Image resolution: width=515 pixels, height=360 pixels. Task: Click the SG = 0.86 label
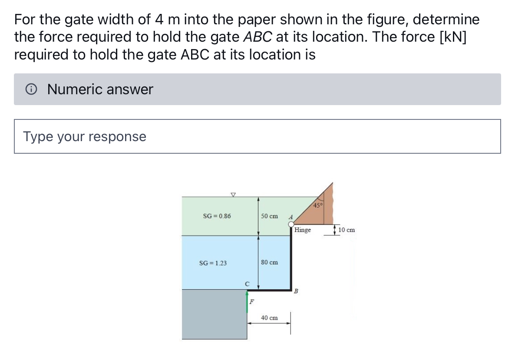click(x=217, y=216)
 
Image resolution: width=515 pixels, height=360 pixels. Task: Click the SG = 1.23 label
click(x=213, y=263)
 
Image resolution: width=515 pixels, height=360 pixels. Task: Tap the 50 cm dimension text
click(x=269, y=216)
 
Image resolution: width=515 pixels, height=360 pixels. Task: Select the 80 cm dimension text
click(x=269, y=262)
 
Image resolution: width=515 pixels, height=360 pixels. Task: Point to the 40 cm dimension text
click(x=269, y=318)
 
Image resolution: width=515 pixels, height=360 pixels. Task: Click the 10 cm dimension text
click(x=347, y=230)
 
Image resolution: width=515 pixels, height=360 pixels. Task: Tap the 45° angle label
click(x=318, y=205)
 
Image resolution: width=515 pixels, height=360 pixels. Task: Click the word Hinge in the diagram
click(x=303, y=230)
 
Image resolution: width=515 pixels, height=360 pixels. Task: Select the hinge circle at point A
click(x=291, y=224)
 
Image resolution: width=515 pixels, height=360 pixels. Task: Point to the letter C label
click(x=247, y=284)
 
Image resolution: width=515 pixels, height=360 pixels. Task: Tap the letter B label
click(x=296, y=291)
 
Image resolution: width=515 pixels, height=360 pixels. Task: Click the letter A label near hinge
click(x=291, y=216)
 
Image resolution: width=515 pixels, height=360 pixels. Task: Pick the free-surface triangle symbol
click(x=233, y=195)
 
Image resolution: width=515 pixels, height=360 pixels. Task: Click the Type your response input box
click(x=257, y=136)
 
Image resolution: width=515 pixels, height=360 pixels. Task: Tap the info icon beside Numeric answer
click(x=31, y=89)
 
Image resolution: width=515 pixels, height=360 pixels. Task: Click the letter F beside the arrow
click(x=252, y=301)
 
